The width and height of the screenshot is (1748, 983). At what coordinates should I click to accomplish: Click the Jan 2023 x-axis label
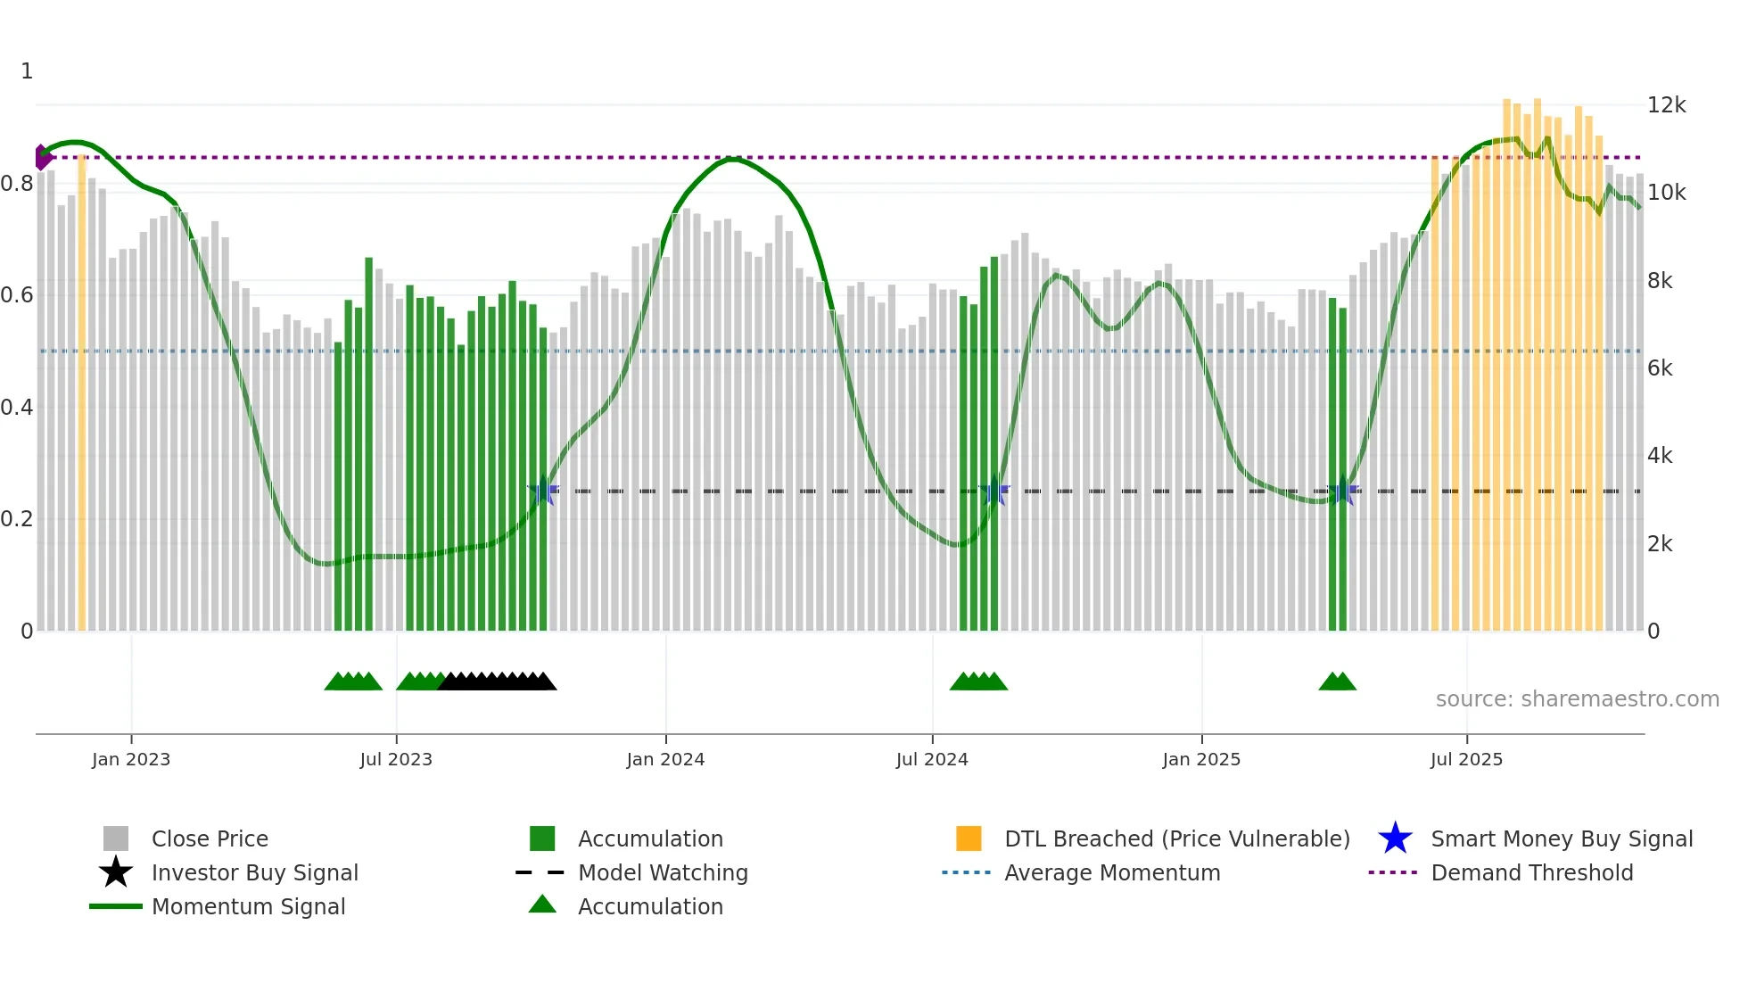click(131, 759)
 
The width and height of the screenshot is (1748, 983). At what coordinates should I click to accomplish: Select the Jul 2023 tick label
click(396, 759)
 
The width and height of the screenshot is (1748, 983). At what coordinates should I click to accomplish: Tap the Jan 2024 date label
click(665, 759)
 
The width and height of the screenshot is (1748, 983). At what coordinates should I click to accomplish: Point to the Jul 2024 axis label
click(932, 759)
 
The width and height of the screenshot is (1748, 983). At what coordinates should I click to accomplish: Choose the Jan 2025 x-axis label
click(1201, 759)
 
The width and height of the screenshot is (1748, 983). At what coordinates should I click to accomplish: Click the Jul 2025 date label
click(1466, 759)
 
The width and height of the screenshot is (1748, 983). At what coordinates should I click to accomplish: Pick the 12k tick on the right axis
click(1666, 105)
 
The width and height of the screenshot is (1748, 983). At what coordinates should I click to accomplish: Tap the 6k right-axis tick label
click(1660, 368)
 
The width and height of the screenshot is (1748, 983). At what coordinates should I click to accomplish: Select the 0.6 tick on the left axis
click(17, 295)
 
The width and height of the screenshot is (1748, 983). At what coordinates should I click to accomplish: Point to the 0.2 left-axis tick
click(17, 519)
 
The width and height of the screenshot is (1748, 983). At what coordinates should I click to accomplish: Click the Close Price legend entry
click(210, 838)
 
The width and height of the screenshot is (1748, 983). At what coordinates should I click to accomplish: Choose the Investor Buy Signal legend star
click(116, 872)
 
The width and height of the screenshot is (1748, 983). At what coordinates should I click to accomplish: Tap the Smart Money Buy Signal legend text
click(1562, 838)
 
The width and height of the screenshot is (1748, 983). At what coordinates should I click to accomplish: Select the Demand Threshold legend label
click(1531, 872)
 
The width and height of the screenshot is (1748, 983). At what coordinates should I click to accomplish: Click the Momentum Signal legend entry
click(248, 906)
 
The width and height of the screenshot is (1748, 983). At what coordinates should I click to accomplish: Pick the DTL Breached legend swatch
click(969, 838)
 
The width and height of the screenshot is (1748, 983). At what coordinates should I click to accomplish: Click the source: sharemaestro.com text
click(1577, 698)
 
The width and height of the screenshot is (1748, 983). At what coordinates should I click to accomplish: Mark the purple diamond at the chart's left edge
click(41, 157)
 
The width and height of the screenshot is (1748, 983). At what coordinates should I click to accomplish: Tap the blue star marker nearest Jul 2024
click(994, 491)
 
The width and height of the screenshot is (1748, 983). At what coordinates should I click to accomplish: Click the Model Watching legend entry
click(663, 872)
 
